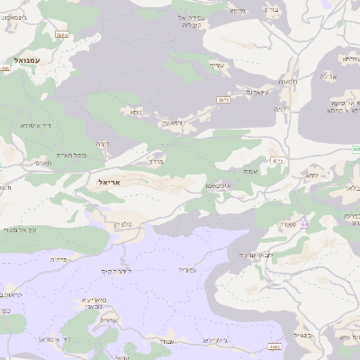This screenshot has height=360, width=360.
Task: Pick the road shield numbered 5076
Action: [222, 100]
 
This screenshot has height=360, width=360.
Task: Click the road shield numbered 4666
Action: [275, 346]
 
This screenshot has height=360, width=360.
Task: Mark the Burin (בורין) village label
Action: [271, 10]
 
